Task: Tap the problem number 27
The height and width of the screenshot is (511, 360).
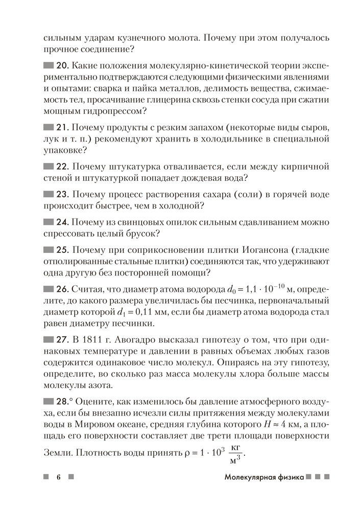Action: tap(63, 339)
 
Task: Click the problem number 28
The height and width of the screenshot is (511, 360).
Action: tap(63, 400)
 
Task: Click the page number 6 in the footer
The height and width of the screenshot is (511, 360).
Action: tap(59, 477)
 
